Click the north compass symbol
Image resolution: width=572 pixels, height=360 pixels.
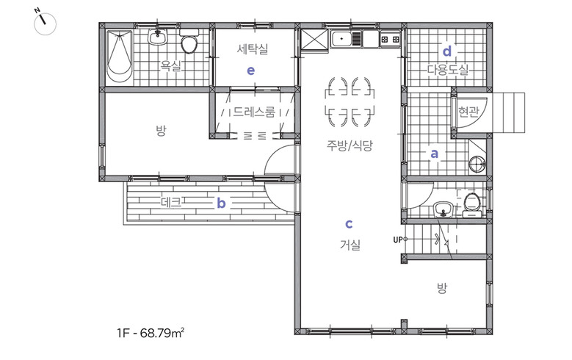point(45,24)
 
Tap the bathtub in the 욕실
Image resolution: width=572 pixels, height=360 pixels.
point(119,56)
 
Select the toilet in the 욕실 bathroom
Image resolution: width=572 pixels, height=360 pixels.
point(189,41)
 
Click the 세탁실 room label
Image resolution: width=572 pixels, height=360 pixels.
point(253,49)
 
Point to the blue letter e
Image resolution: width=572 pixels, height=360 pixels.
point(250,71)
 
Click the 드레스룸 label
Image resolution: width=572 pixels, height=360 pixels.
point(254,112)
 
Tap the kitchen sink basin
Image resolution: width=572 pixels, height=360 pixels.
point(341,38)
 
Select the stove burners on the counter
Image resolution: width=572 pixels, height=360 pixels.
point(390,39)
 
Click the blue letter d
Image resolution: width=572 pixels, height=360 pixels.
point(447,51)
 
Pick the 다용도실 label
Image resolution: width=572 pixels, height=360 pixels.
point(448,69)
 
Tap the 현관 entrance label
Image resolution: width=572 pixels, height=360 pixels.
point(468,112)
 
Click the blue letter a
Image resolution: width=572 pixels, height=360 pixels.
point(434,154)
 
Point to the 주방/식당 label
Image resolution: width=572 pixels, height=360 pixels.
point(350,145)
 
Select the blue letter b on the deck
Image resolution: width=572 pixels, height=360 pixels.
point(221,203)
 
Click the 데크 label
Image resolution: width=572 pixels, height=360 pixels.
point(171,202)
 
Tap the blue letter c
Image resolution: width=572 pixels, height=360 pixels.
point(349,223)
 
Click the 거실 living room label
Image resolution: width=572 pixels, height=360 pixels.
point(350,245)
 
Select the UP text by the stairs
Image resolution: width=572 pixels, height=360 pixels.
point(398,240)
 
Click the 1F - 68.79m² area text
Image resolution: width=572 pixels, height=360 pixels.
point(151,333)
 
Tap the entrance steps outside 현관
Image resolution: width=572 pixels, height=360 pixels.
point(509,112)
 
